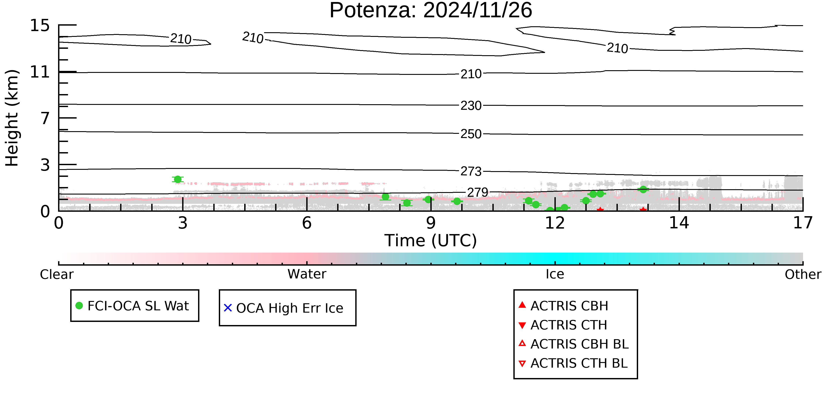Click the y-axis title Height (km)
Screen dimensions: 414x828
coord(12,118)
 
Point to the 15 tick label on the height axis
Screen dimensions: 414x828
coord(40,25)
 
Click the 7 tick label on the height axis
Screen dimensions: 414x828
coord(45,118)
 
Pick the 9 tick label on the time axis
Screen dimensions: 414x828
coord(431,223)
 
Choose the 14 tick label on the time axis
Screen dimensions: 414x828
coord(679,223)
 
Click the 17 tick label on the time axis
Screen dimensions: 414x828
coord(803,223)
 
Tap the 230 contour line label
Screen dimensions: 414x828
coord(471,106)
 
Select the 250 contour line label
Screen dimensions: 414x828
coord(471,134)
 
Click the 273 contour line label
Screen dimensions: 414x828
coord(471,172)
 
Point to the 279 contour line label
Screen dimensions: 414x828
coord(477,193)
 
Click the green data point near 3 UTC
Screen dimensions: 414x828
coord(178,179)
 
